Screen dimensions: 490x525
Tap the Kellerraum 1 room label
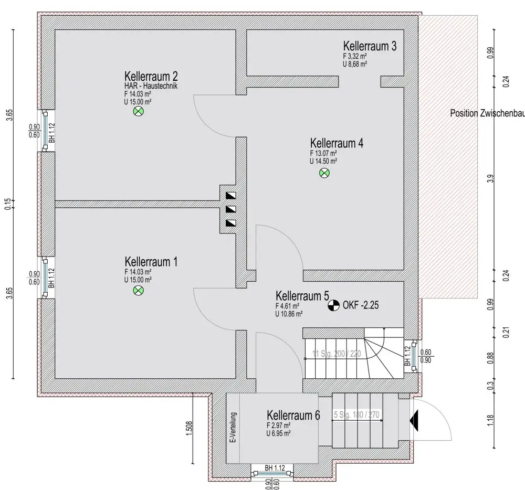pos(148,261)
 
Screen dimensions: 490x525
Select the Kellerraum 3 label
pos(370,46)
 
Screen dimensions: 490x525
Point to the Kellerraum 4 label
pos(337,143)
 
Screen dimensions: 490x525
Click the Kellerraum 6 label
pos(293,416)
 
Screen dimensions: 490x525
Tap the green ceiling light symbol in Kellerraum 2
pos(139,111)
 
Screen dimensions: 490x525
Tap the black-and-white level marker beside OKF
pos(333,304)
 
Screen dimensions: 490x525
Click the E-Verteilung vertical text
pos(234,428)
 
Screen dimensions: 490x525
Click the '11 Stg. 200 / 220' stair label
pos(337,354)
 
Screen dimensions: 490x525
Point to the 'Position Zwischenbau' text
pos(487,113)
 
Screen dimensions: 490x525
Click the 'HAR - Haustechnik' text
pos(151,86)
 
